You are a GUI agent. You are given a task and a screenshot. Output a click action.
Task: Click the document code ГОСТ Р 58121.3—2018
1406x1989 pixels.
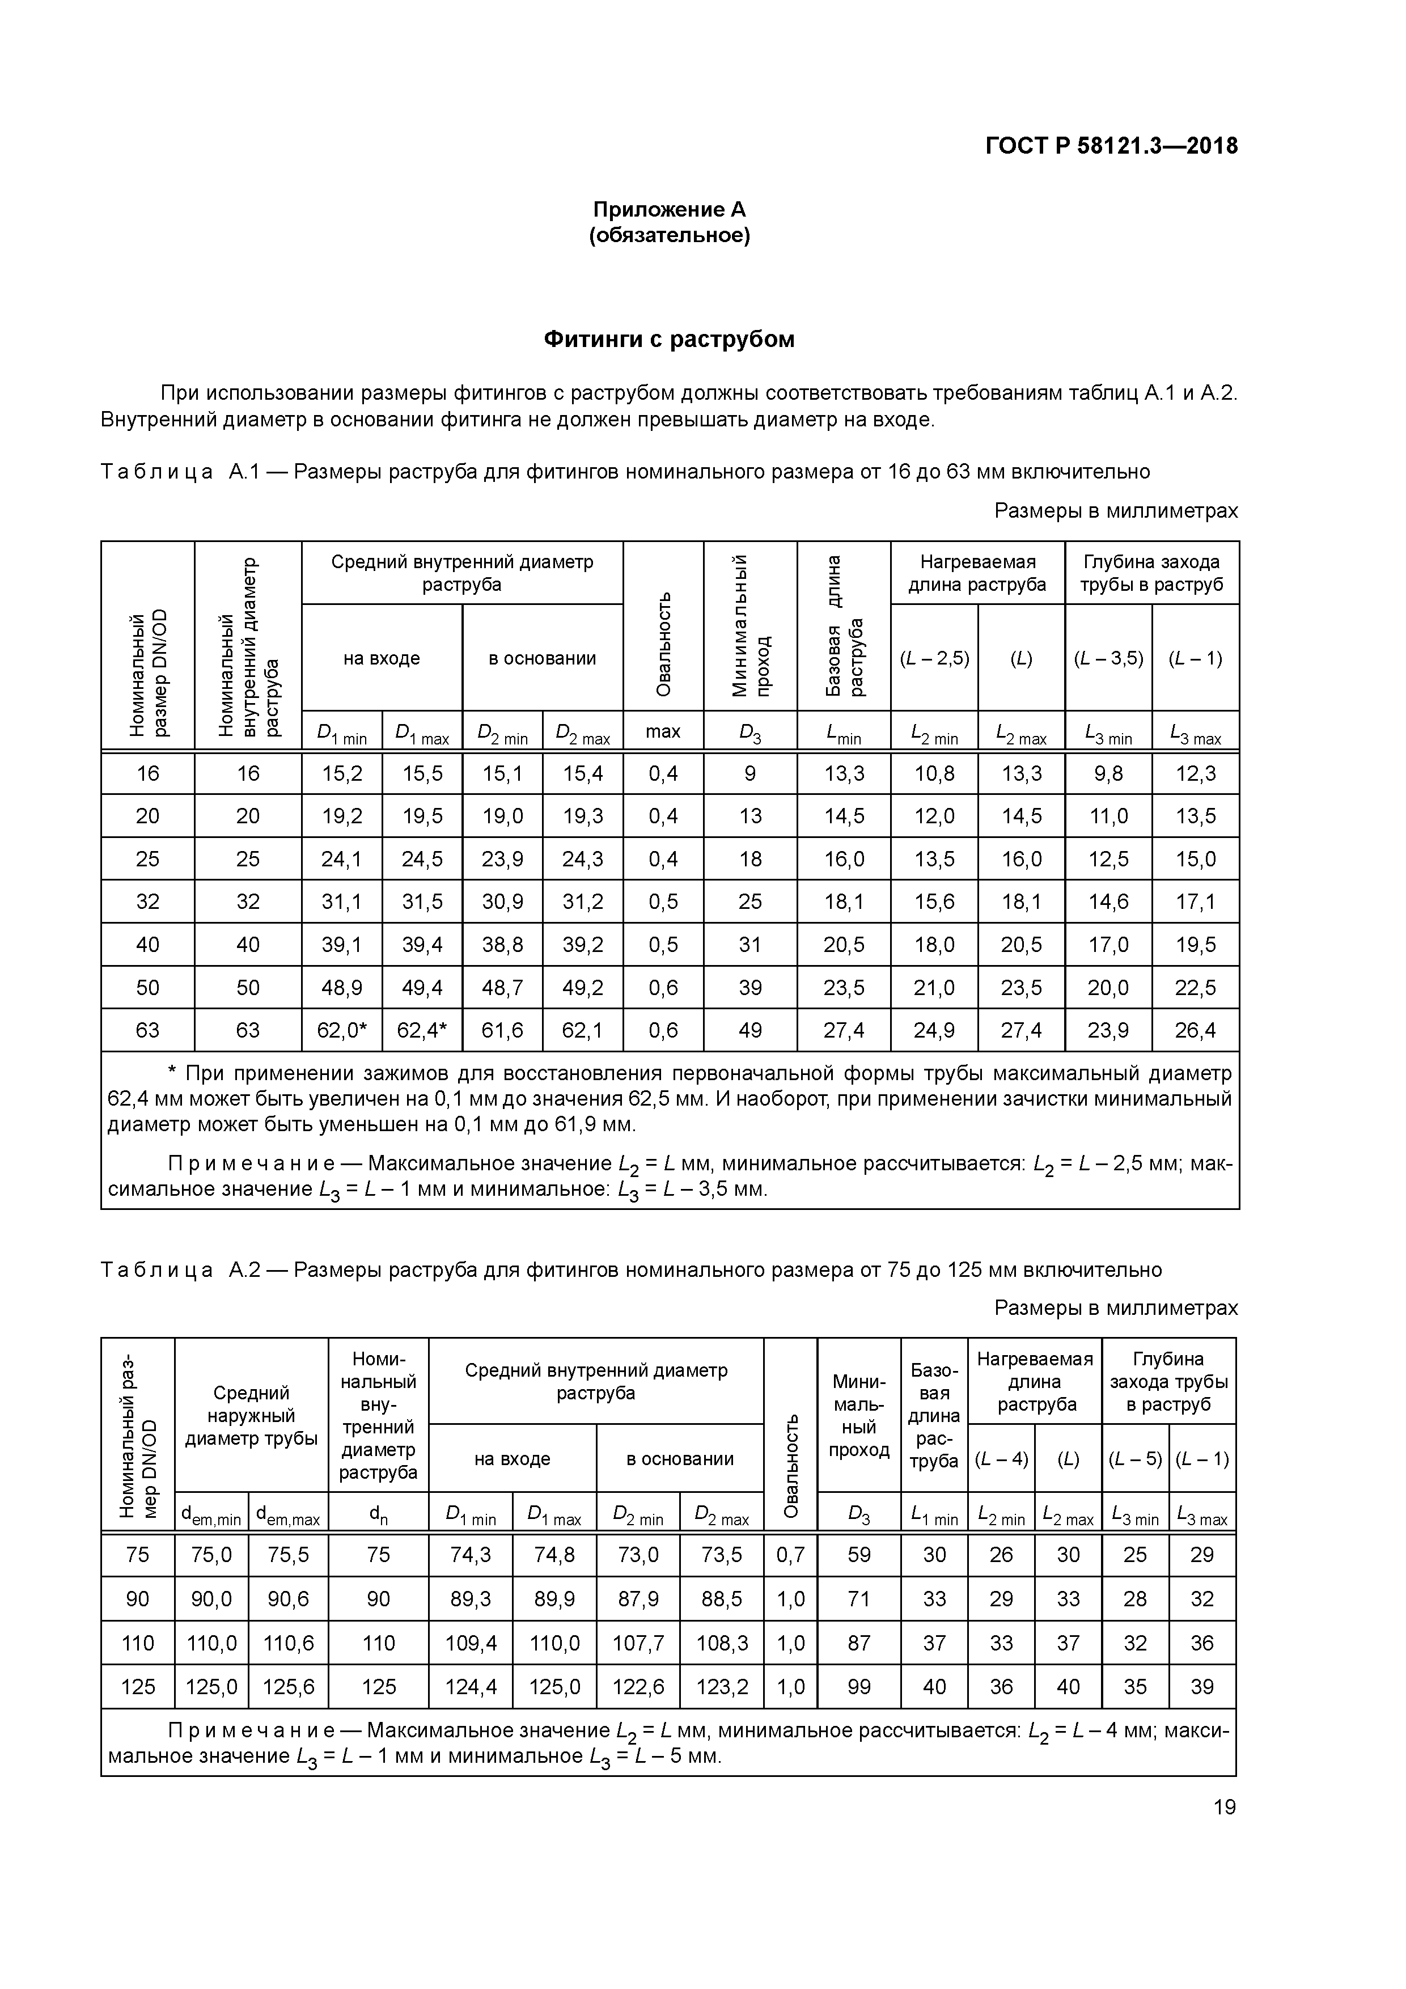[1111, 146]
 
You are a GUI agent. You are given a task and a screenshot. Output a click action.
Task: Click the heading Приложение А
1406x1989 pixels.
[669, 210]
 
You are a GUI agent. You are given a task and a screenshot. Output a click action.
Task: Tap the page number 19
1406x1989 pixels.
[1224, 1806]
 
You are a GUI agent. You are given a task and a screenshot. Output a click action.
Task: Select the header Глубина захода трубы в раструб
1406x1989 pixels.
[1151, 573]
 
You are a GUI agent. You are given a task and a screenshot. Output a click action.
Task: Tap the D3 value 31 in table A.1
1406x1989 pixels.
[749, 944]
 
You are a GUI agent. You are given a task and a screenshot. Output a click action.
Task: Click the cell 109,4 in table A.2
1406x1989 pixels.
[471, 1643]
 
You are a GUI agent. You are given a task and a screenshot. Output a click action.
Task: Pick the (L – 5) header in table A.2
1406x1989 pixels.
[1135, 1459]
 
